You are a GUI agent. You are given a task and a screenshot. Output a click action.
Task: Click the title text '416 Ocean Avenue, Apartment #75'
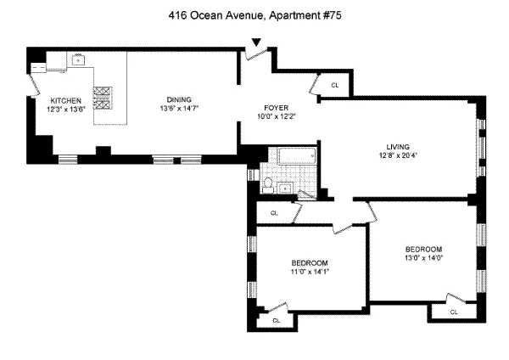(x=255, y=14)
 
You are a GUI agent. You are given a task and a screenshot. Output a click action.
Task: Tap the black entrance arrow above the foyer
(x=256, y=43)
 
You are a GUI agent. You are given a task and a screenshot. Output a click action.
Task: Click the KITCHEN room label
(x=65, y=100)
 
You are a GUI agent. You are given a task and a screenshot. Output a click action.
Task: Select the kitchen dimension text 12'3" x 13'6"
(x=65, y=109)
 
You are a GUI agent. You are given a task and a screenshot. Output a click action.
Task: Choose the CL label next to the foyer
(x=334, y=85)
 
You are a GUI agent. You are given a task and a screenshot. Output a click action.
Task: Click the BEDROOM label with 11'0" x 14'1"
(x=310, y=262)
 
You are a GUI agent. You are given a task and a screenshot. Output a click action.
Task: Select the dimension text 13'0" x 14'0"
(x=424, y=257)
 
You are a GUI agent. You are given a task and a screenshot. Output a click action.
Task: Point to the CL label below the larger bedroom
(x=453, y=312)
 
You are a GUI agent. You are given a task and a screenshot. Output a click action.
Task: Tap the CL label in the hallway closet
(x=274, y=213)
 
